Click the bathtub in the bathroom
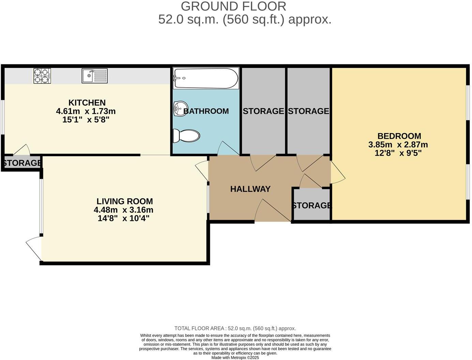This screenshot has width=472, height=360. tap(206, 78)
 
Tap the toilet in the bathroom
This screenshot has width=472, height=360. tap(186, 136)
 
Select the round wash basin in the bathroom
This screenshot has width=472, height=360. tap(179, 109)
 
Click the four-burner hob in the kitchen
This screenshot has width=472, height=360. tap(42, 76)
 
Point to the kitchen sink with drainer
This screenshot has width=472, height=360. tap(94, 76)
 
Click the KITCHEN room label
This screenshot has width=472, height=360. tap(87, 103)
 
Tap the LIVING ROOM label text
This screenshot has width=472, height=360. tap(124, 201)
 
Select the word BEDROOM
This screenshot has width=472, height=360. tap(399, 136)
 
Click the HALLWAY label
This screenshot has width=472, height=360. tap(250, 189)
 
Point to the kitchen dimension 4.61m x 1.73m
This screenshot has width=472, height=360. tap(86, 111)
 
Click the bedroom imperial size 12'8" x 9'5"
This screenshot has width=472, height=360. tap(398, 153)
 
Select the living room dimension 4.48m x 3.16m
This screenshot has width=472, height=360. tap(123, 210)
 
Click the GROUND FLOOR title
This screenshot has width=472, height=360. tap(233, 6)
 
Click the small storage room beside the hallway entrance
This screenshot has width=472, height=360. tap(311, 205)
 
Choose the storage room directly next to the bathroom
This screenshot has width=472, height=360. tap(263, 111)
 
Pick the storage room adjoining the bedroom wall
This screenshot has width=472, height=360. tap(308, 111)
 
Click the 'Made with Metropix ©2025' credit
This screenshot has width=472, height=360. tap(235, 358)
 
